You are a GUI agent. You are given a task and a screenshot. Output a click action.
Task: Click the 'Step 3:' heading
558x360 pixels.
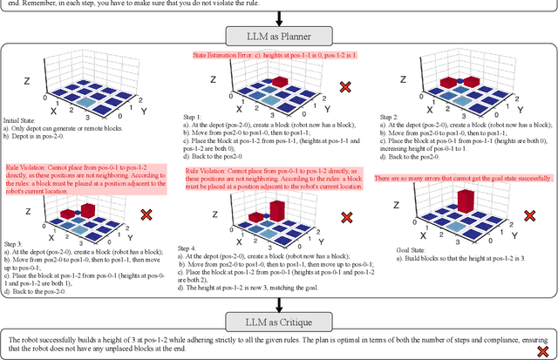point(15,244)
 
